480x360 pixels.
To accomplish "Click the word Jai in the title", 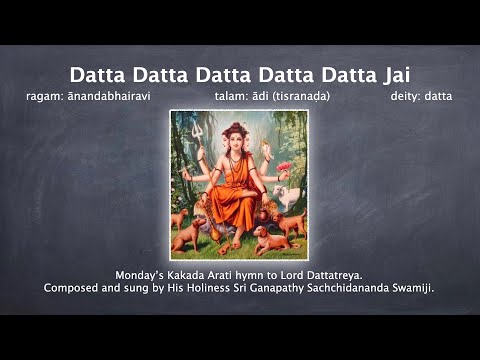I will pyautogui.click(x=389, y=76).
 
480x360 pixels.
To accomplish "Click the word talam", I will pyautogui.click(x=231, y=97).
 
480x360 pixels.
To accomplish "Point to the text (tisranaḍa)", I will pyautogui.click(x=298, y=97).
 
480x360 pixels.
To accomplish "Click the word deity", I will pyautogui.click(x=405, y=97).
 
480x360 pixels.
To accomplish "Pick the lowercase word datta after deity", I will pyautogui.click(x=438, y=97).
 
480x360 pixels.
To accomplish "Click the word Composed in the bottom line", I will pyautogui.click(x=73, y=288).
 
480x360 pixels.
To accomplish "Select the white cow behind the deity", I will pyautogui.click(x=289, y=195).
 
